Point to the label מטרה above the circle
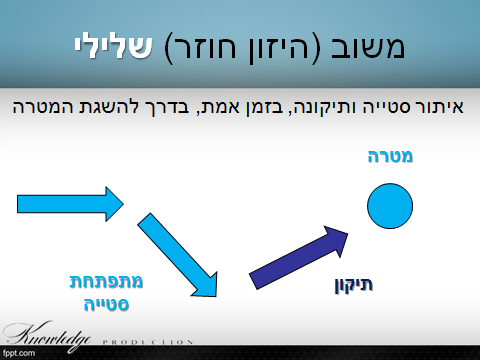click(x=390, y=157)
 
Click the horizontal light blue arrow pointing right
click(x=70, y=204)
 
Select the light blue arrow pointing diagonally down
click(x=180, y=256)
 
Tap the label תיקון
click(x=353, y=284)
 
